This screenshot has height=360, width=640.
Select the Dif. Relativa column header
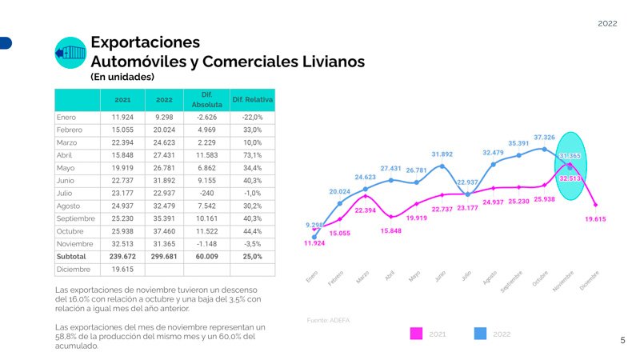click(252, 100)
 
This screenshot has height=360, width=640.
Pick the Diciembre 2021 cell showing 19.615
click(122, 270)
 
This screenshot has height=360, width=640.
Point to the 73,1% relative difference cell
click(252, 154)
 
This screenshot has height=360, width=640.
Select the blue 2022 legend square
click(481, 334)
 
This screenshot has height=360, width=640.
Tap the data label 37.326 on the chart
click(544, 138)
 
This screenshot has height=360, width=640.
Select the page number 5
click(622, 341)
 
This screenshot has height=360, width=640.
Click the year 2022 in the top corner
click(607, 24)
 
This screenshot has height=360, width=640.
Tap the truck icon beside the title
click(70, 53)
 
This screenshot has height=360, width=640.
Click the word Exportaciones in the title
click(145, 42)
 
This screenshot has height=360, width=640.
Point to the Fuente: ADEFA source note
click(328, 320)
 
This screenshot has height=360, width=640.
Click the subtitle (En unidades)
click(122, 78)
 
